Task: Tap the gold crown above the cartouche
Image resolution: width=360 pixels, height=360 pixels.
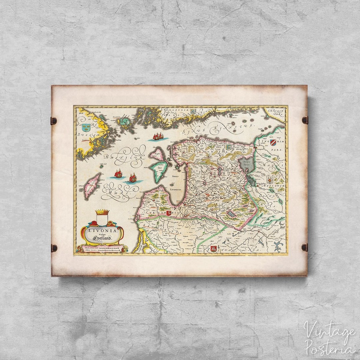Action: [x=102, y=212]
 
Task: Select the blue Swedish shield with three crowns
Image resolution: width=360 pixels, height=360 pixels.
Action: [x=86, y=127]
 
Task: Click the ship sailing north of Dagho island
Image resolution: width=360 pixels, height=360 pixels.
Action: [x=158, y=136]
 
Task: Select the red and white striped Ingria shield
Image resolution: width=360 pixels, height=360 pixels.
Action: [x=273, y=143]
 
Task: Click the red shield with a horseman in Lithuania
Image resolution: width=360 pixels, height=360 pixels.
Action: [x=213, y=248]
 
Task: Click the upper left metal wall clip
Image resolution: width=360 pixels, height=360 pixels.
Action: [x=54, y=120]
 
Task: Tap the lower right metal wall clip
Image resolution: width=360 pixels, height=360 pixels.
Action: [x=305, y=247]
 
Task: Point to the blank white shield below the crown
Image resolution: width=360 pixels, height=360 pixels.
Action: [x=102, y=220]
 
